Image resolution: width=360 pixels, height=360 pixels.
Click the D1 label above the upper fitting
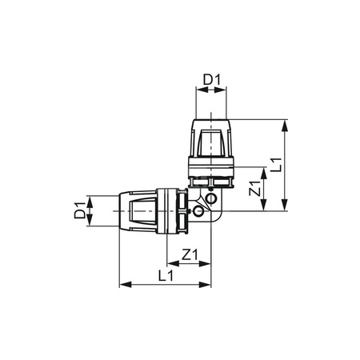click(210, 80)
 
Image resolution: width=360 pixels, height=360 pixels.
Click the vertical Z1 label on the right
click(254, 190)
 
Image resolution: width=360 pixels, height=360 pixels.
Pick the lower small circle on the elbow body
click(195, 214)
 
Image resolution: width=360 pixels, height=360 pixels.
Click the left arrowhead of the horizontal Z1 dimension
click(169, 265)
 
